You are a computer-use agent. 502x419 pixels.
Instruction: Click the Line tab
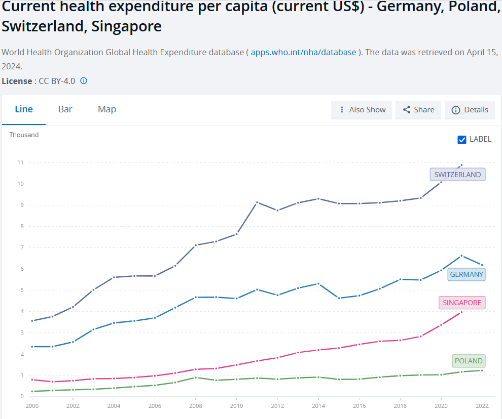[24, 109]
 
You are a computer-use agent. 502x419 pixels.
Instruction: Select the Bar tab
[65, 109]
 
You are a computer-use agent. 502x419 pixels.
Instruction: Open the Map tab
[107, 109]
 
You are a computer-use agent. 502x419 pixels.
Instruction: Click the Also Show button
[362, 110]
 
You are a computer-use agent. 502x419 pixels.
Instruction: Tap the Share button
[418, 110]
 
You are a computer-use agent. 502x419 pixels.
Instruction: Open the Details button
[470, 110]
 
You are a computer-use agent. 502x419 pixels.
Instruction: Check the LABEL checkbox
[462, 140]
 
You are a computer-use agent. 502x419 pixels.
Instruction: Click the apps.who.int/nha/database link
[304, 53]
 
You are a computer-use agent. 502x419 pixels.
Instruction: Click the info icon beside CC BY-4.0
[84, 81]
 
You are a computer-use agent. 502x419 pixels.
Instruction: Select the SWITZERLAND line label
[457, 175]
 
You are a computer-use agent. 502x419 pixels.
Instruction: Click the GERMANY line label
[467, 274]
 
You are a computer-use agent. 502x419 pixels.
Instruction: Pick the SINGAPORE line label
[462, 303]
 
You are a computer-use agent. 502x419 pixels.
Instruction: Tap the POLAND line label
[469, 361]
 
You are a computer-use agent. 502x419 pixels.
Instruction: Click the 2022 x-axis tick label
[482, 405]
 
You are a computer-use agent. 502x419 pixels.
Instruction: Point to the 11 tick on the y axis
[20, 162]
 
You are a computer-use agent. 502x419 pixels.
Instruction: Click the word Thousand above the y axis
[24, 135]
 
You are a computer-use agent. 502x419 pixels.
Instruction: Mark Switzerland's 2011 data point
[257, 202]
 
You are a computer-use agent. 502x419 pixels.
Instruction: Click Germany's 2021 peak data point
[461, 256]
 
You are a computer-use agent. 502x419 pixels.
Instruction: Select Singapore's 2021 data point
[461, 312]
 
